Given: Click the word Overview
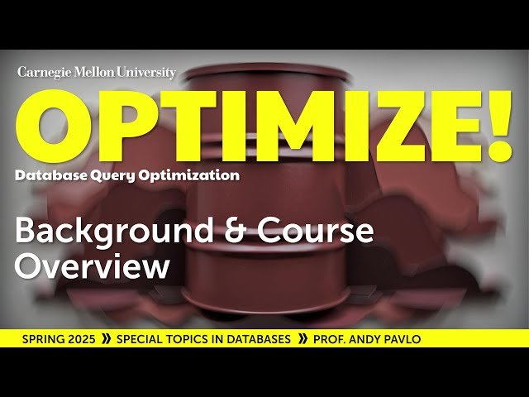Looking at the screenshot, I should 93,267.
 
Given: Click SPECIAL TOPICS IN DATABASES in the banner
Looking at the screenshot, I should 203,339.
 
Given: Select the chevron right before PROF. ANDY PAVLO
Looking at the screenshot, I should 303,339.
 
